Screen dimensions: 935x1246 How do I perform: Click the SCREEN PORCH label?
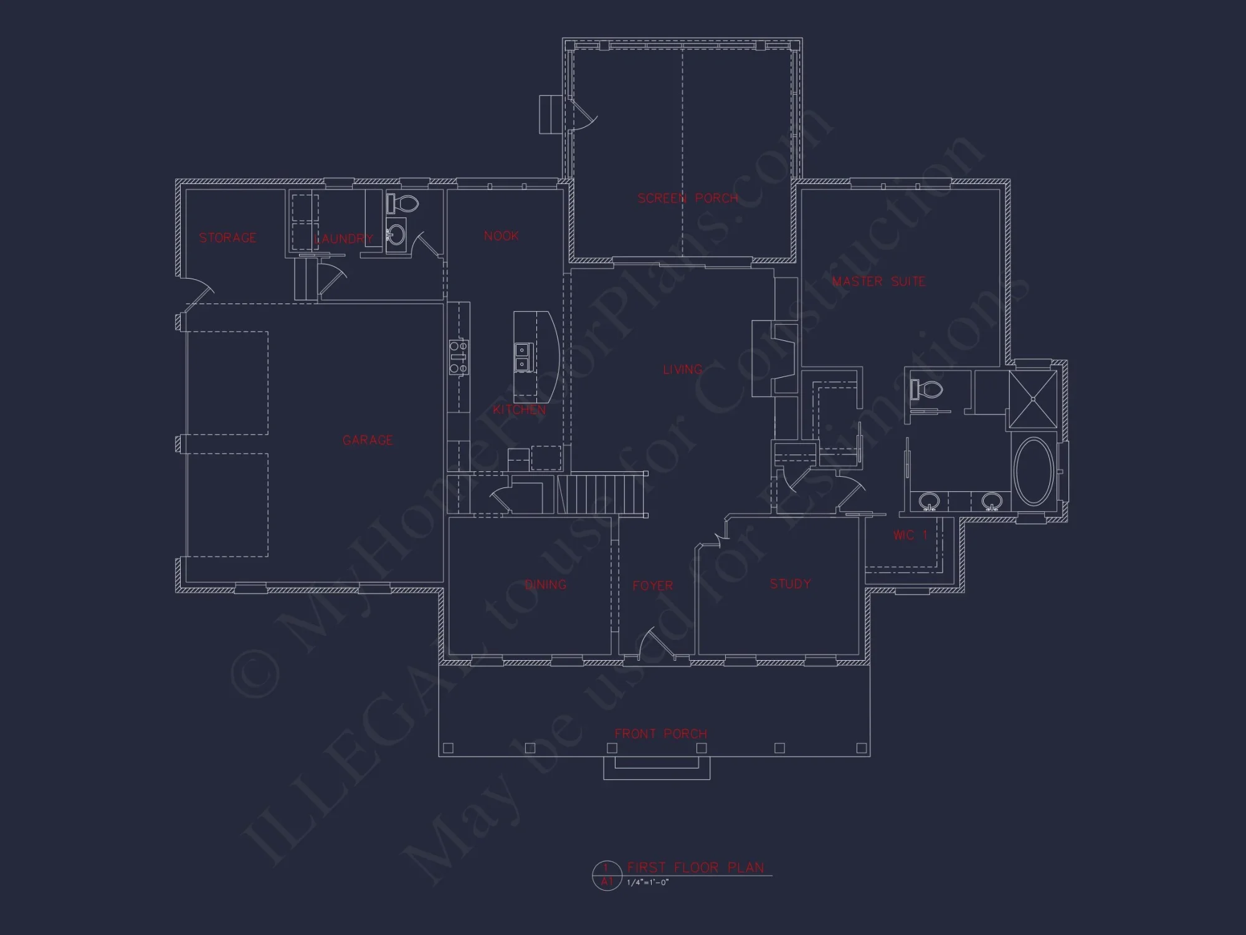point(688,198)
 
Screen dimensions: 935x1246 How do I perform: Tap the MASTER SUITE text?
point(878,282)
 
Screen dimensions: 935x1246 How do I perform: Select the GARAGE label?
point(368,440)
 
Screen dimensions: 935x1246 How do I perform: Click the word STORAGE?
point(227,237)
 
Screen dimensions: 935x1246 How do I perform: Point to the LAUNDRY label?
point(343,239)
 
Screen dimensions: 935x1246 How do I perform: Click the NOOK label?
point(501,236)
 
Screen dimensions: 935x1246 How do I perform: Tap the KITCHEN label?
point(519,410)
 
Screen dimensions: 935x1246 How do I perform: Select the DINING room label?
point(546,585)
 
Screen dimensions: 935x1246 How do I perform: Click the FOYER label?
point(652,586)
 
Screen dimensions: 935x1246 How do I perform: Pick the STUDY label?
point(790,584)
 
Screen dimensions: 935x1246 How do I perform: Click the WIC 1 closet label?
point(910,535)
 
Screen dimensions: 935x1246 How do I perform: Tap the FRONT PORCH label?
point(660,734)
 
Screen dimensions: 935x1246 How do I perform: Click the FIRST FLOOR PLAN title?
point(695,867)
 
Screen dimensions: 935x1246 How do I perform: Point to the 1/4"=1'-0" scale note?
point(648,882)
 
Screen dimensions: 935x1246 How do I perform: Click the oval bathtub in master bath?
point(1034,471)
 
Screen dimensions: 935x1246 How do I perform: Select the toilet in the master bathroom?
point(927,390)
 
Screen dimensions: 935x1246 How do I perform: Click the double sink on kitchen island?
point(522,357)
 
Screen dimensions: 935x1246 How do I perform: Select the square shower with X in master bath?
point(1033,399)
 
